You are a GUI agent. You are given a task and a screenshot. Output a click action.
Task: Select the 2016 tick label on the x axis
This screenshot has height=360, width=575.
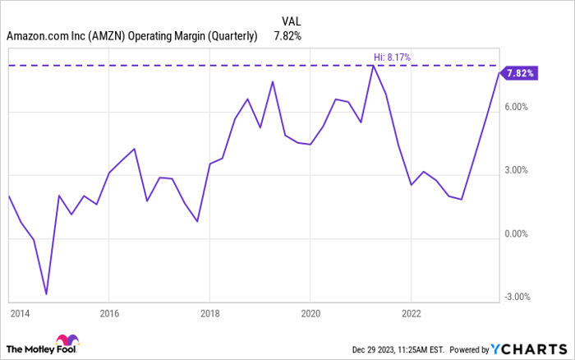(x=109, y=313)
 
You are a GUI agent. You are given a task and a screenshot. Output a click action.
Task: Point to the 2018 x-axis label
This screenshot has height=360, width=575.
(x=209, y=313)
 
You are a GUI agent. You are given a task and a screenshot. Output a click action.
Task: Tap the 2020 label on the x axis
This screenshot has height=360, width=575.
(x=310, y=313)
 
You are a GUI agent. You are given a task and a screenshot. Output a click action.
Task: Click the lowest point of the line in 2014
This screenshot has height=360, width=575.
(x=46, y=293)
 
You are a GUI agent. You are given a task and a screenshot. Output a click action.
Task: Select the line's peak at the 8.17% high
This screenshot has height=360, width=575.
(x=372, y=66)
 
